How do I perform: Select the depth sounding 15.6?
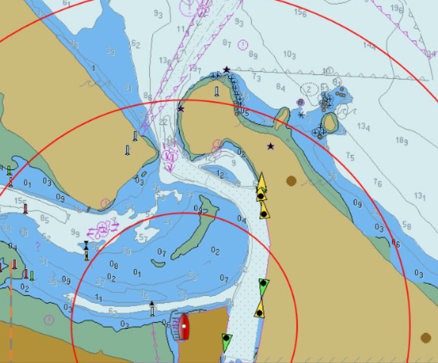301,12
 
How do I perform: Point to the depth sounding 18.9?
401,141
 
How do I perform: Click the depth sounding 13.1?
420,197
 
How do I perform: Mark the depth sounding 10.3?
290,54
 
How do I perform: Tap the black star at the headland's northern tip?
226,69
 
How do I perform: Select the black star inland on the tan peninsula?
271,146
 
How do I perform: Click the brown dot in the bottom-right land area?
426,338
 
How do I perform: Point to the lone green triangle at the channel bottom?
226,343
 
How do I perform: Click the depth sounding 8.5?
44,218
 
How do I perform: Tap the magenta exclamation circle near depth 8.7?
243,45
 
